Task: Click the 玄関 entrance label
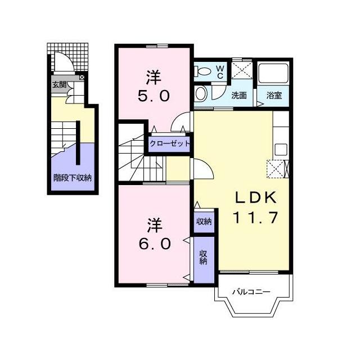click(60, 85)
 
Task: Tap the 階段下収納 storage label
click(73, 178)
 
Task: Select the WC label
click(220, 72)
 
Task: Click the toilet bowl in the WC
click(204, 71)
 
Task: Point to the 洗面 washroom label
click(239, 96)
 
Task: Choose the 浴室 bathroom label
click(274, 96)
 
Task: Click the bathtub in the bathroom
click(273, 74)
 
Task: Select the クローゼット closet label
click(170, 144)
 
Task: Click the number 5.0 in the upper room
click(154, 96)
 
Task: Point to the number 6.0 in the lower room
click(155, 244)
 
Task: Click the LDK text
click(256, 197)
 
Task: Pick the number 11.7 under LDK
click(255, 218)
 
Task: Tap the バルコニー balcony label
click(251, 292)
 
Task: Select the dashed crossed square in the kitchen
click(276, 169)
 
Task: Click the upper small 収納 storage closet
click(204, 221)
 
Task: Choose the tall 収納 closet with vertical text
click(204, 260)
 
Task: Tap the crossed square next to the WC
click(242, 70)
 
